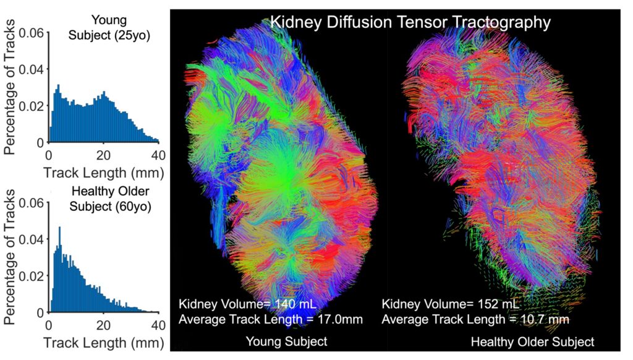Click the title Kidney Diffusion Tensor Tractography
pos(410,23)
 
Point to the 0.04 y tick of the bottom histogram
pos(32,239)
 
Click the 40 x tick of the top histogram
pos(159,155)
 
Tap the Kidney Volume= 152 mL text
pos(451,304)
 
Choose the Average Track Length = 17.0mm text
pos(270,319)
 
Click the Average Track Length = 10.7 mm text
pos(475,319)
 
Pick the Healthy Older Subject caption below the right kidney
pos(532,341)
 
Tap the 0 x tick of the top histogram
pos(49,155)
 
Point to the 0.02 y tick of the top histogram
pos(32,106)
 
